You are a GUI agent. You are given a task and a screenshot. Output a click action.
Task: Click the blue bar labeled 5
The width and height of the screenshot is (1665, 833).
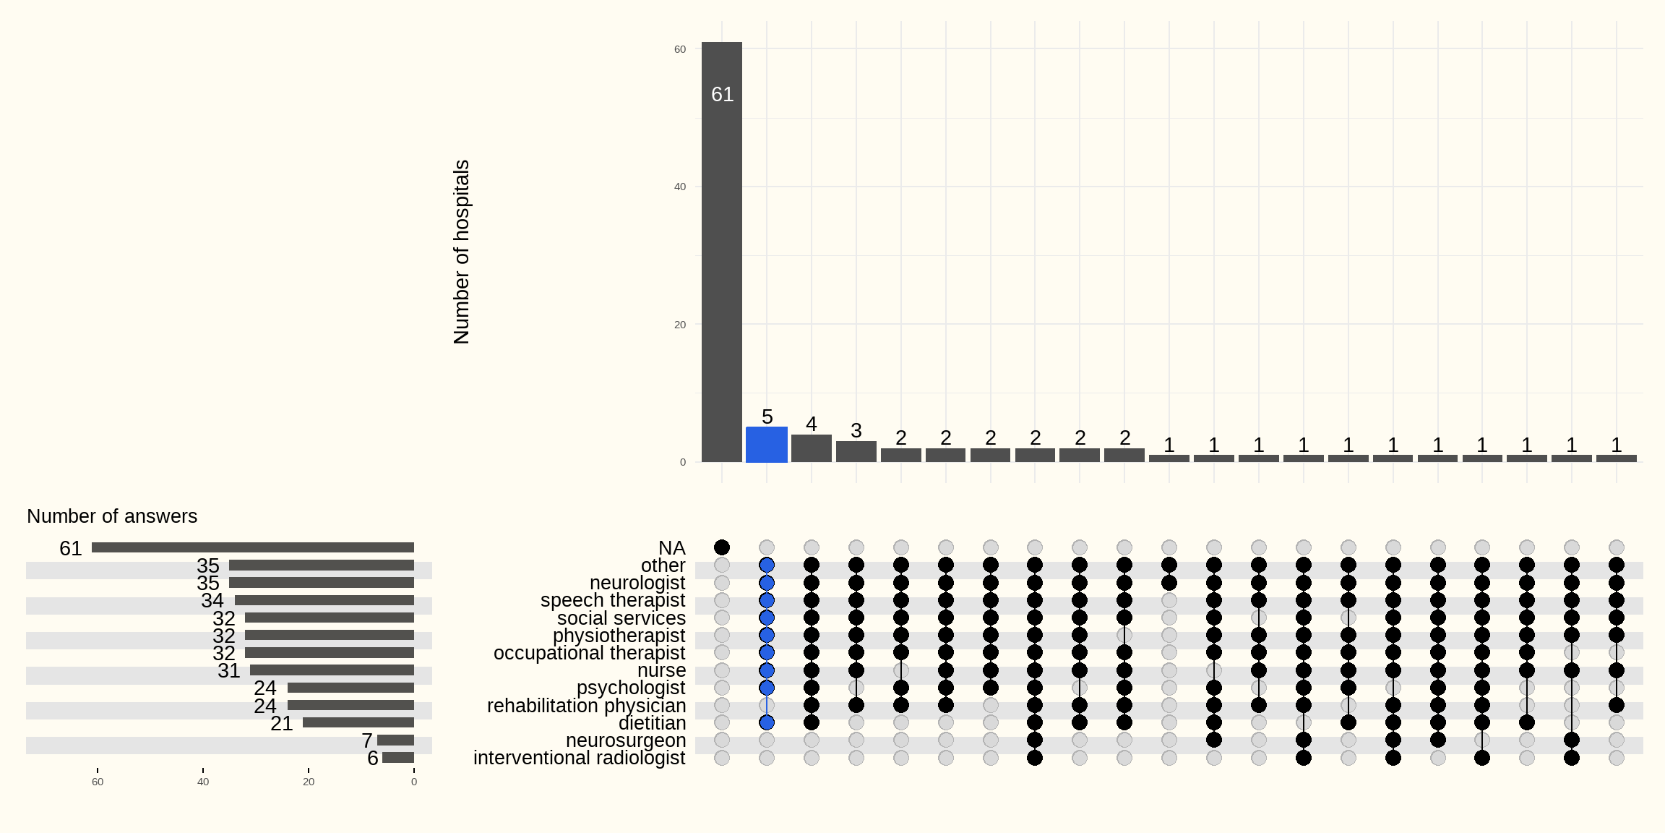point(767,444)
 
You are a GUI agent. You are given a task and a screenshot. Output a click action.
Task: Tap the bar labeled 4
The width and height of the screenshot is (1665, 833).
point(812,448)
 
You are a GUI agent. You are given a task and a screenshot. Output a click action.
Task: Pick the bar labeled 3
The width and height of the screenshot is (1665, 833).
point(856,451)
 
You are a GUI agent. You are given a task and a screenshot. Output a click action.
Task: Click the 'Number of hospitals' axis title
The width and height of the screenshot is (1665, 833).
point(462,252)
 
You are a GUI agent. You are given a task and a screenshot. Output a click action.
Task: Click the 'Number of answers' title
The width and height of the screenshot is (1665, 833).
point(112,516)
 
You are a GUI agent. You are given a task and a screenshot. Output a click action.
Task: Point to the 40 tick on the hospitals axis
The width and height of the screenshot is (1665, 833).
point(680,187)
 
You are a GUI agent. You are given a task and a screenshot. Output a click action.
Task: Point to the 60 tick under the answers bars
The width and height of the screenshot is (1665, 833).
point(98,782)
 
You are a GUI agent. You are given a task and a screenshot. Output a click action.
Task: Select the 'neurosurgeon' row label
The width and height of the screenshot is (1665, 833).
point(626,740)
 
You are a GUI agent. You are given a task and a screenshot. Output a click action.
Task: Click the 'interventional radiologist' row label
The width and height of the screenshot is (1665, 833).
point(580,758)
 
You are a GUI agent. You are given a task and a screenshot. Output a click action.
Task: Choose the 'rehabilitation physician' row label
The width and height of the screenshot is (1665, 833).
point(586,706)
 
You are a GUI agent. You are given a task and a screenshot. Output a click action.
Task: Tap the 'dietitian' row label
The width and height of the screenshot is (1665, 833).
point(652,723)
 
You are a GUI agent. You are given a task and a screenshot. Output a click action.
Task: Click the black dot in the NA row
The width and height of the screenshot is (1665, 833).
point(722,547)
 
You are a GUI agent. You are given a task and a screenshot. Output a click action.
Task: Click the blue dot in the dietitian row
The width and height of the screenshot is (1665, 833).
point(767,722)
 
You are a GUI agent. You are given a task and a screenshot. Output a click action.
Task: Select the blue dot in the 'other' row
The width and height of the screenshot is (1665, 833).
point(767,565)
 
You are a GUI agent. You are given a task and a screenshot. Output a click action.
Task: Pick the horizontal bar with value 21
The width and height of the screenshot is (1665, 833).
point(358,722)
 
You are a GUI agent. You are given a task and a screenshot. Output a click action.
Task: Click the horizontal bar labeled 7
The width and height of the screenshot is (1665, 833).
point(396,740)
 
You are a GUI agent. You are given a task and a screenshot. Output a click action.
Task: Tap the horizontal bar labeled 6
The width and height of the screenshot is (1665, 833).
point(398,757)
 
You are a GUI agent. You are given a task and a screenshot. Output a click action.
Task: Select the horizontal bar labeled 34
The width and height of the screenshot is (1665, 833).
point(324,600)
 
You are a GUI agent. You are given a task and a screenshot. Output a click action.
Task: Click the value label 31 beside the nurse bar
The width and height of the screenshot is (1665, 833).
point(229,671)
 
